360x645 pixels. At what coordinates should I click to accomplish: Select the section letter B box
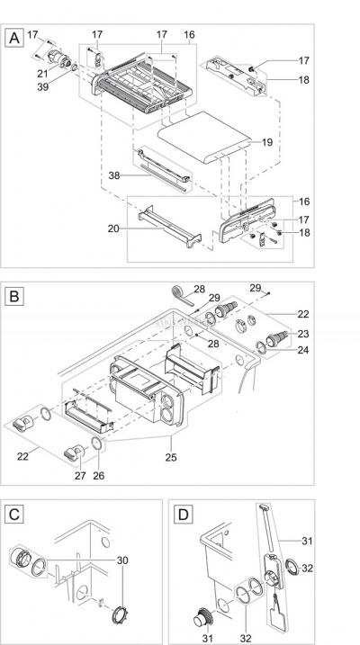click(x=13, y=294)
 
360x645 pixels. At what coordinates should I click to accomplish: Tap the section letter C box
click(x=13, y=514)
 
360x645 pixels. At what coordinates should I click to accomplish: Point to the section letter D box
click(x=184, y=514)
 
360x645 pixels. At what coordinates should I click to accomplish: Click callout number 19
click(x=265, y=142)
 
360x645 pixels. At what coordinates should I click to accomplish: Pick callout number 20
click(x=112, y=229)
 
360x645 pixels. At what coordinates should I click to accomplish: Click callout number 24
click(x=301, y=351)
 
